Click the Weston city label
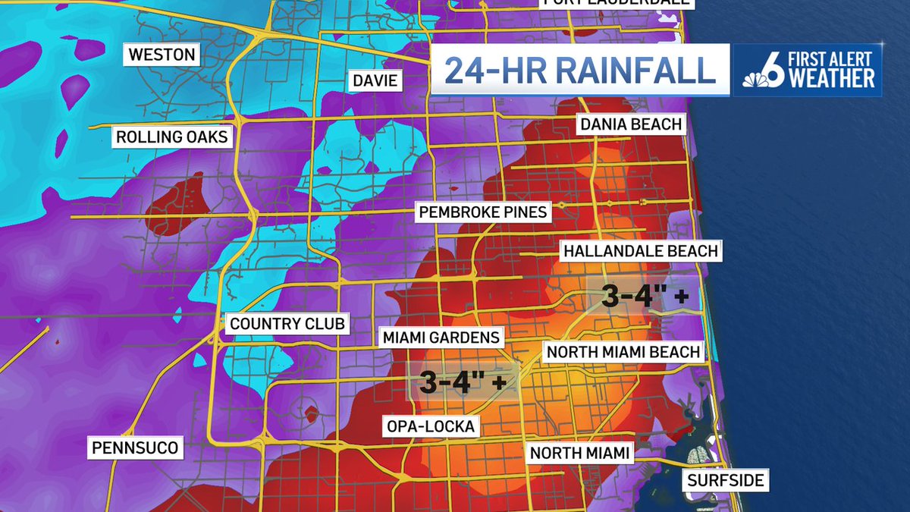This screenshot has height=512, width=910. (x=162, y=55)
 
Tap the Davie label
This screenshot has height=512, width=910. (x=375, y=80)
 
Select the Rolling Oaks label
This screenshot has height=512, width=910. (x=173, y=137)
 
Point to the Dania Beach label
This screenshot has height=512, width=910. (x=631, y=124)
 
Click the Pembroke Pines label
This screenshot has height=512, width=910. (x=483, y=212)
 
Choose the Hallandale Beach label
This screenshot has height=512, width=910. (x=639, y=250)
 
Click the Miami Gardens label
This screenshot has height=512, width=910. (x=441, y=337)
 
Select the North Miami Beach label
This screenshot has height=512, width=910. (x=623, y=351)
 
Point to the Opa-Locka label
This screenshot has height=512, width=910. (x=429, y=427)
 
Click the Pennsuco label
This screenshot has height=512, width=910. (x=135, y=448)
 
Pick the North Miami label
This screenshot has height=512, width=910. (x=580, y=454)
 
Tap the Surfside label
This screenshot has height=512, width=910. (x=726, y=480)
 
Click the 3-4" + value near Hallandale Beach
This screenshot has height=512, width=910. (x=645, y=297)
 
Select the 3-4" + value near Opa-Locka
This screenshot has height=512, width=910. (x=463, y=382)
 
